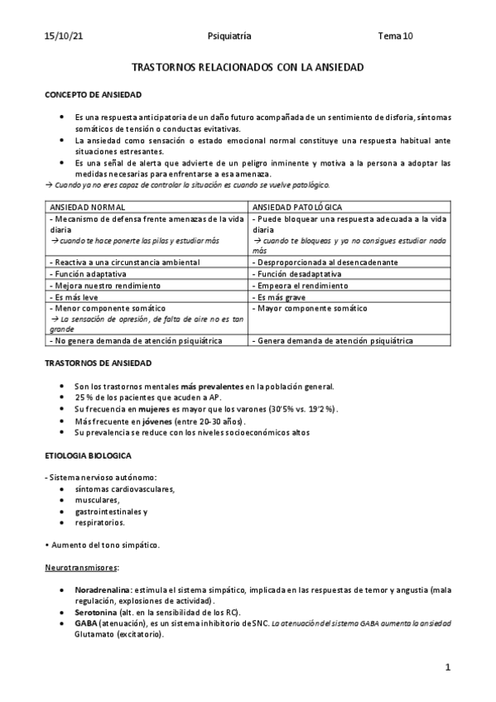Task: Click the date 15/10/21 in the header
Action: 63,36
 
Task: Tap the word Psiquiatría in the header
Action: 229,36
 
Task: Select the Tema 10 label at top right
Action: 395,36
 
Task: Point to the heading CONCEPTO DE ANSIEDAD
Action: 93,95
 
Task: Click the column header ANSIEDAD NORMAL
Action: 86,205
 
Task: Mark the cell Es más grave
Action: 277,296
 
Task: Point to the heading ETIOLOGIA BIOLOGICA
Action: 88,455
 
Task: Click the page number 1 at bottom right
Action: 447,667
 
